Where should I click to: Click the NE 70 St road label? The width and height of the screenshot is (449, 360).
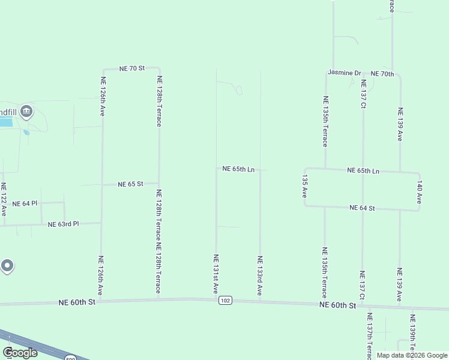[132, 68]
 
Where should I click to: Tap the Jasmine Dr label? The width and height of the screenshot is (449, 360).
[344, 73]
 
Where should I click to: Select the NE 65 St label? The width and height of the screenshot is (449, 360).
[130, 184]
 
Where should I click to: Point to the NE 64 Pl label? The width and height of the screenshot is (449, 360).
[25, 204]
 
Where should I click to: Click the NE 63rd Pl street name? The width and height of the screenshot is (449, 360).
[64, 224]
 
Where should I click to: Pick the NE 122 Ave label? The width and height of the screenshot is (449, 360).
[4, 199]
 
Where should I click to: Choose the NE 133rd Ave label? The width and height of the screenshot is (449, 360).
[260, 276]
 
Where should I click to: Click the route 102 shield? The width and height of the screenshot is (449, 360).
[225, 301]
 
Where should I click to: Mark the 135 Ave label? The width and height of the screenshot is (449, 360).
[305, 187]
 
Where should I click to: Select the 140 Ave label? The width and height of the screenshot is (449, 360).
[420, 192]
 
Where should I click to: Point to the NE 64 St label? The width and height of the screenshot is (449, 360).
[362, 208]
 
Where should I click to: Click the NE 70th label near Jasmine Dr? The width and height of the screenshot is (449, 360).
[382, 74]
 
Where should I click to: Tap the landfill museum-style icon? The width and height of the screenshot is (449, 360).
[26, 111]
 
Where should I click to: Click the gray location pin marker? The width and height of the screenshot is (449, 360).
[7, 265]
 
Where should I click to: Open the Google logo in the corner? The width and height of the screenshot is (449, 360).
[19, 353]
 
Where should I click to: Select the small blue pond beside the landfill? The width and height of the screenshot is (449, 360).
[25, 133]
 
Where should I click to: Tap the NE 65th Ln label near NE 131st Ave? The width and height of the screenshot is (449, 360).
[238, 169]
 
